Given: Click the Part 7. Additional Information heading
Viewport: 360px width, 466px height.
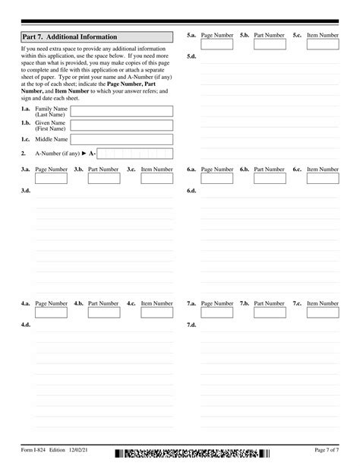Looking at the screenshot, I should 70,36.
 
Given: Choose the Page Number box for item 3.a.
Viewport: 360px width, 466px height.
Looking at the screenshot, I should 50,179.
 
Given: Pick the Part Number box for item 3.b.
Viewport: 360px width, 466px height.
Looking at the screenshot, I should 103,179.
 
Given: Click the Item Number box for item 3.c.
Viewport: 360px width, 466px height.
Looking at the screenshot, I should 156,179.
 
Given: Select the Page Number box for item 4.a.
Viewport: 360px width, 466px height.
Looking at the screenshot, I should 50,312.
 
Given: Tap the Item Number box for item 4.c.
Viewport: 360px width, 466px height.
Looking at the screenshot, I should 156,312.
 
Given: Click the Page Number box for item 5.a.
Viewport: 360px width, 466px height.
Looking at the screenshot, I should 216,45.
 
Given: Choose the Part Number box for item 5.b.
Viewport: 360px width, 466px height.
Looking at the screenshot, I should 270,45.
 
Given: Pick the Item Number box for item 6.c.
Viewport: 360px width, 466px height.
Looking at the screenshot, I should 323,179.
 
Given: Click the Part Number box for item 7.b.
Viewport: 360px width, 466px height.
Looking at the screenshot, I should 270,312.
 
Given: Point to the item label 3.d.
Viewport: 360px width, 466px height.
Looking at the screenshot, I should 26,190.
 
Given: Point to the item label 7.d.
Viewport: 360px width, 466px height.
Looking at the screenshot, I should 191,325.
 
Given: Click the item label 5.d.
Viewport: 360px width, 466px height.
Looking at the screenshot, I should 191,56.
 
